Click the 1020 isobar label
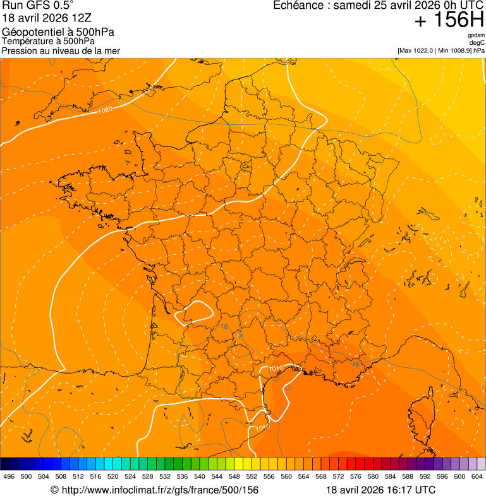pos(106,110)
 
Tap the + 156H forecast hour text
pos(449,20)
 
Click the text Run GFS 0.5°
pos(37,6)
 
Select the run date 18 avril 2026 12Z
pos(47,18)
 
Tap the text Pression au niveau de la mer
pos(61,50)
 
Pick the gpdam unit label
pos(476,35)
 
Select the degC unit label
pos(477,42)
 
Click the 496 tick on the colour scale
pos(9,476)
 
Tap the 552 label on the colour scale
pos(252,476)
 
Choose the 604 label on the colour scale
pos(477,476)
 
